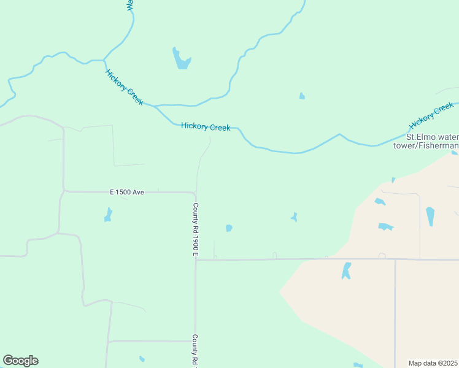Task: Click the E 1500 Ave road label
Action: point(127,193)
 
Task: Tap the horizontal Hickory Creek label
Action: point(206,127)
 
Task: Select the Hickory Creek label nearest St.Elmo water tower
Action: point(431,117)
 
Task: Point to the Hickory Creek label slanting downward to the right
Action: point(125,87)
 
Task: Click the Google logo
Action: point(20,361)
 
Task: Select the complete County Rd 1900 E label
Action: point(196,229)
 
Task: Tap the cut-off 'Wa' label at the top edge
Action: point(129,5)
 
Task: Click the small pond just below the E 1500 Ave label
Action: point(109,215)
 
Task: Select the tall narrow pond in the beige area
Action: point(430,217)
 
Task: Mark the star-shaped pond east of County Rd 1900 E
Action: point(295,217)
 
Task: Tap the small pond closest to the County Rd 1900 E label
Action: point(229,228)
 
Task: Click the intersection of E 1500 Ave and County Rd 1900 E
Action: point(196,193)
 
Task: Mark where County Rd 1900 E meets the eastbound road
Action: point(196,259)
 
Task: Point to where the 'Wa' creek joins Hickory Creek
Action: point(104,61)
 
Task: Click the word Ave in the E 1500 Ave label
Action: point(137,193)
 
